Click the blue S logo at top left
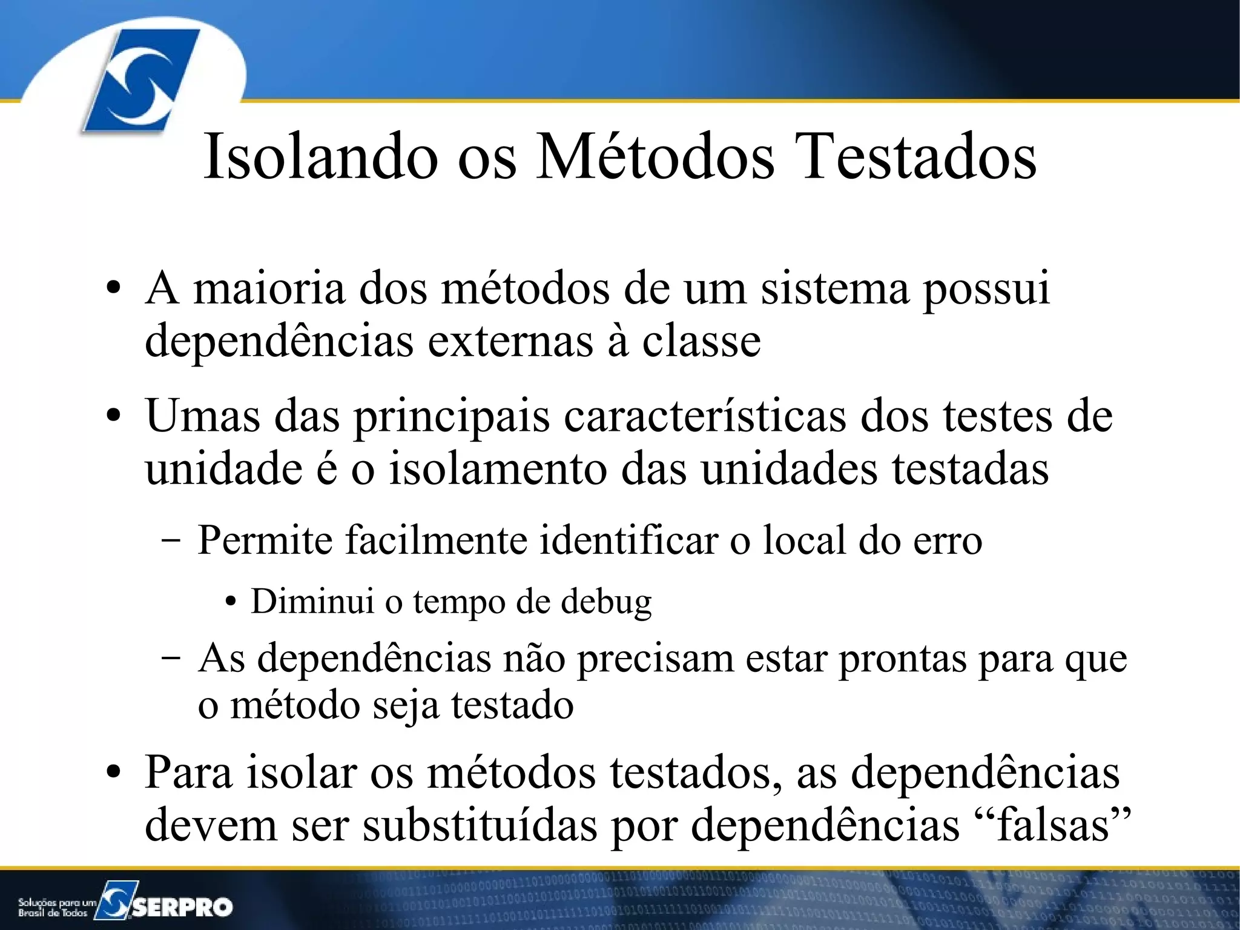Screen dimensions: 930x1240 (140, 81)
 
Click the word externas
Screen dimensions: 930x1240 (510, 341)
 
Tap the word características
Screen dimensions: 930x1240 (705, 417)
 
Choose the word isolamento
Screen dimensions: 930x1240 (498, 469)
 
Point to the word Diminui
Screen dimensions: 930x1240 (312, 601)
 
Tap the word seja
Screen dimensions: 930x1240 (406, 706)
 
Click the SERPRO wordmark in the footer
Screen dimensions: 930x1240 (182, 906)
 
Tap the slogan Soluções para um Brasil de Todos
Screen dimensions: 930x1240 (56, 907)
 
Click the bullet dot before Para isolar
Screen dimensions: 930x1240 (113, 774)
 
